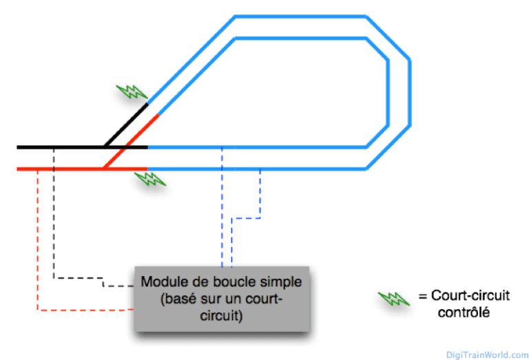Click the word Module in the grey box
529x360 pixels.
160,282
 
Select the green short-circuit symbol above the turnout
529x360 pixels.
131,92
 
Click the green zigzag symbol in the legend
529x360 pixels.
394,298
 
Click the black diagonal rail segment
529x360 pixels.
126,125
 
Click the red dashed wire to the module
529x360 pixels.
37,241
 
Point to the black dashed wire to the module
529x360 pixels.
54,227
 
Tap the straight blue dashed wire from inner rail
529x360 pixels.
222,207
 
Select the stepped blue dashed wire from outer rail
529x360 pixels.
260,196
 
